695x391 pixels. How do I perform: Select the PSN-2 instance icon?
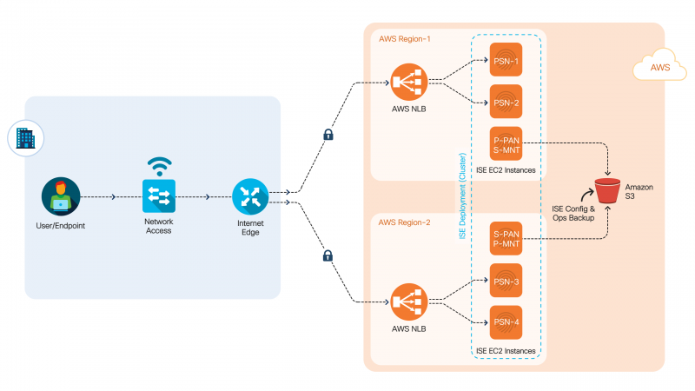(506, 101)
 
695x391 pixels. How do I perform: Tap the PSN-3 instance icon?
(506, 280)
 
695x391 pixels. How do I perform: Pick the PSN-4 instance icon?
(506, 322)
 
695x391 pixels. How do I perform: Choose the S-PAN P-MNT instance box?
(506, 238)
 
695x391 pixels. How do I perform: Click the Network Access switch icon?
(159, 196)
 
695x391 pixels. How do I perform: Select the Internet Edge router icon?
(250, 196)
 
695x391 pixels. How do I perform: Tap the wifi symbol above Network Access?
(159, 165)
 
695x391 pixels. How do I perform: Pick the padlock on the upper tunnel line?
(328, 134)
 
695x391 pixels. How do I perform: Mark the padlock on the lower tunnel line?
(328, 255)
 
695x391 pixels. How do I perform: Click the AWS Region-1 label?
(404, 39)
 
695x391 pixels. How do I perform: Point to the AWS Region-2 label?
(404, 222)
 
